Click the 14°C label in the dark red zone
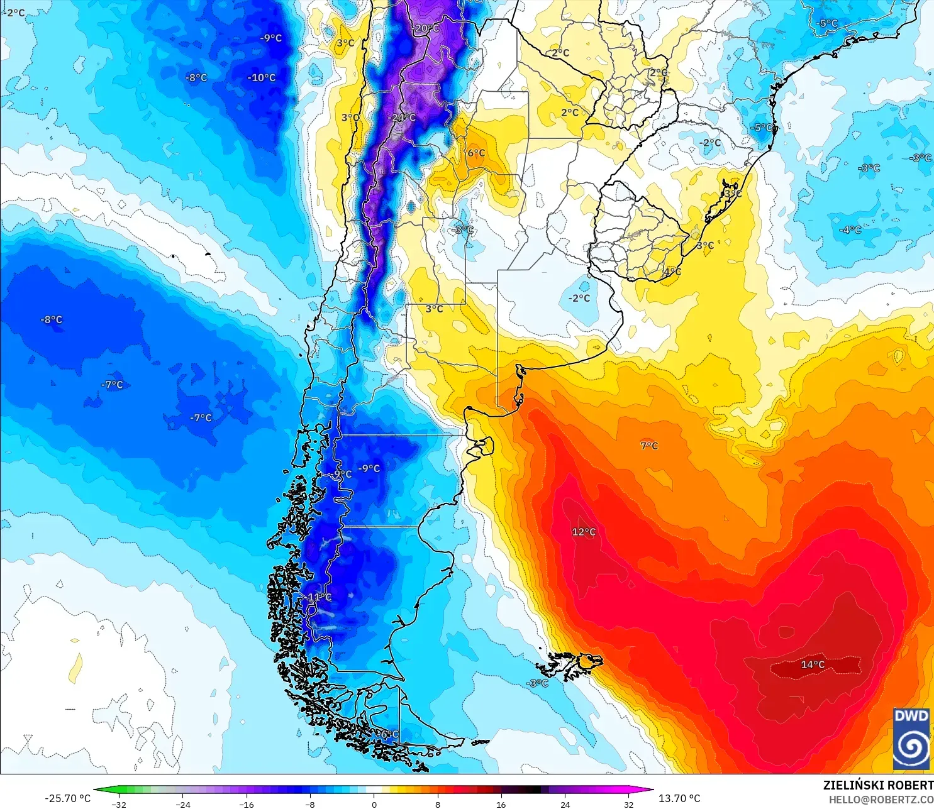[x=813, y=664]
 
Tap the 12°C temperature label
[x=584, y=532]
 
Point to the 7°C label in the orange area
[x=649, y=446]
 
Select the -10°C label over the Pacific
[x=262, y=78]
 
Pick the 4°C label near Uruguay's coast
[x=672, y=272]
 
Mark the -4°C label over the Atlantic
[x=850, y=230]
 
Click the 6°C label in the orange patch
[x=476, y=153]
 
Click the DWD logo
[x=911, y=739]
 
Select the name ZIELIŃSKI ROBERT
[x=878, y=785]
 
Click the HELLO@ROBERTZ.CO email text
[x=881, y=800]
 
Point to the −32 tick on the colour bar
[x=119, y=804]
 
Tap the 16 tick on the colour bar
[x=501, y=804]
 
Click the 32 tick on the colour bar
[x=628, y=804]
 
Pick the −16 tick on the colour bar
[x=247, y=804]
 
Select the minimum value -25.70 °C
[x=67, y=798]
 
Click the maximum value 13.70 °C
[x=679, y=798]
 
